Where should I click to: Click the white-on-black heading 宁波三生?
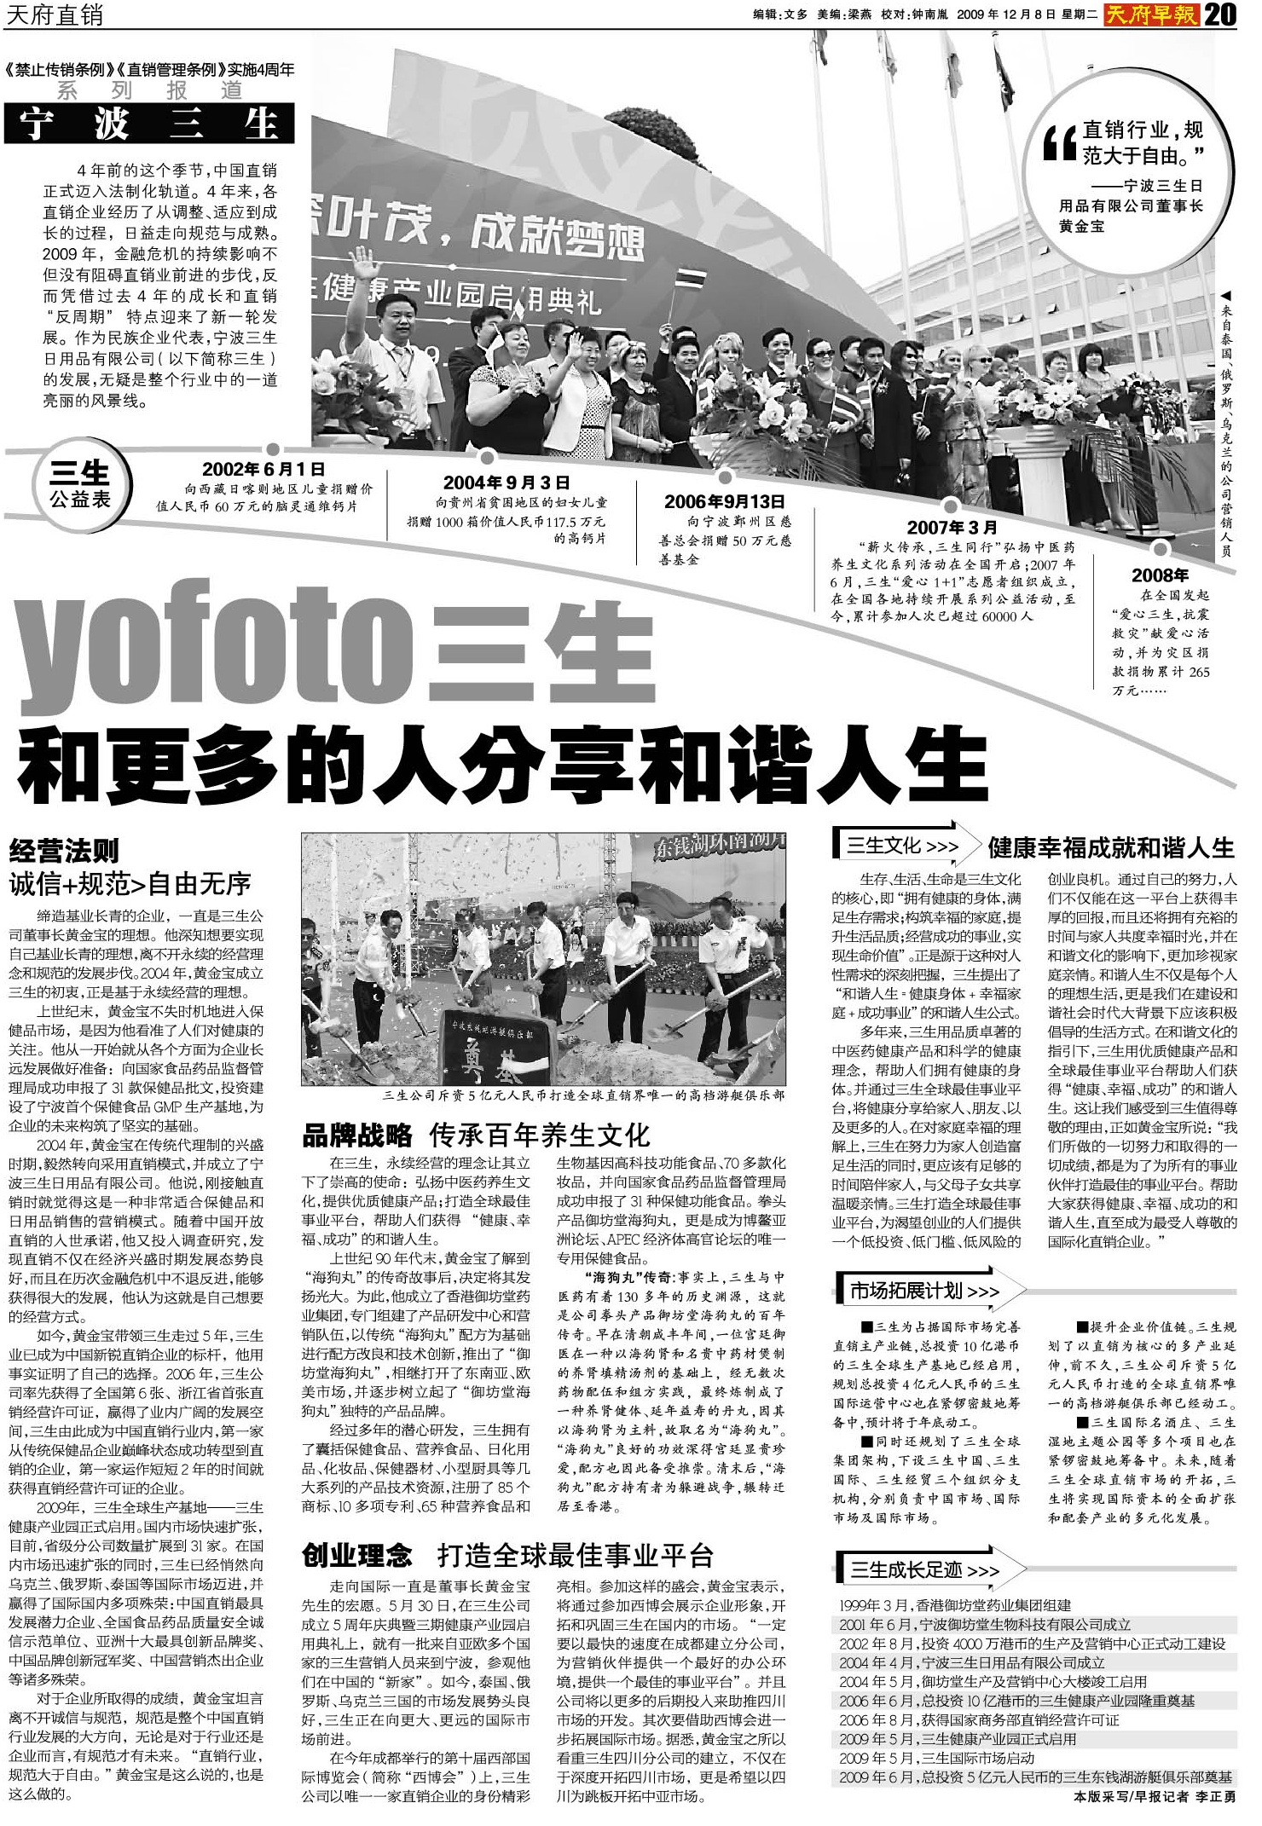click(x=149, y=124)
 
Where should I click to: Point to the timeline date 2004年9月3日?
click(x=507, y=483)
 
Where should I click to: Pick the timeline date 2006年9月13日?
click(x=724, y=501)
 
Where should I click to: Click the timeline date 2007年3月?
click(x=952, y=528)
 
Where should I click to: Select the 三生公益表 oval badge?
click(x=80, y=487)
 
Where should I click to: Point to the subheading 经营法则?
click(x=65, y=851)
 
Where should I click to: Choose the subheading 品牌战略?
click(x=357, y=1135)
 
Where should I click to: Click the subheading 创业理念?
click(x=357, y=1555)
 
